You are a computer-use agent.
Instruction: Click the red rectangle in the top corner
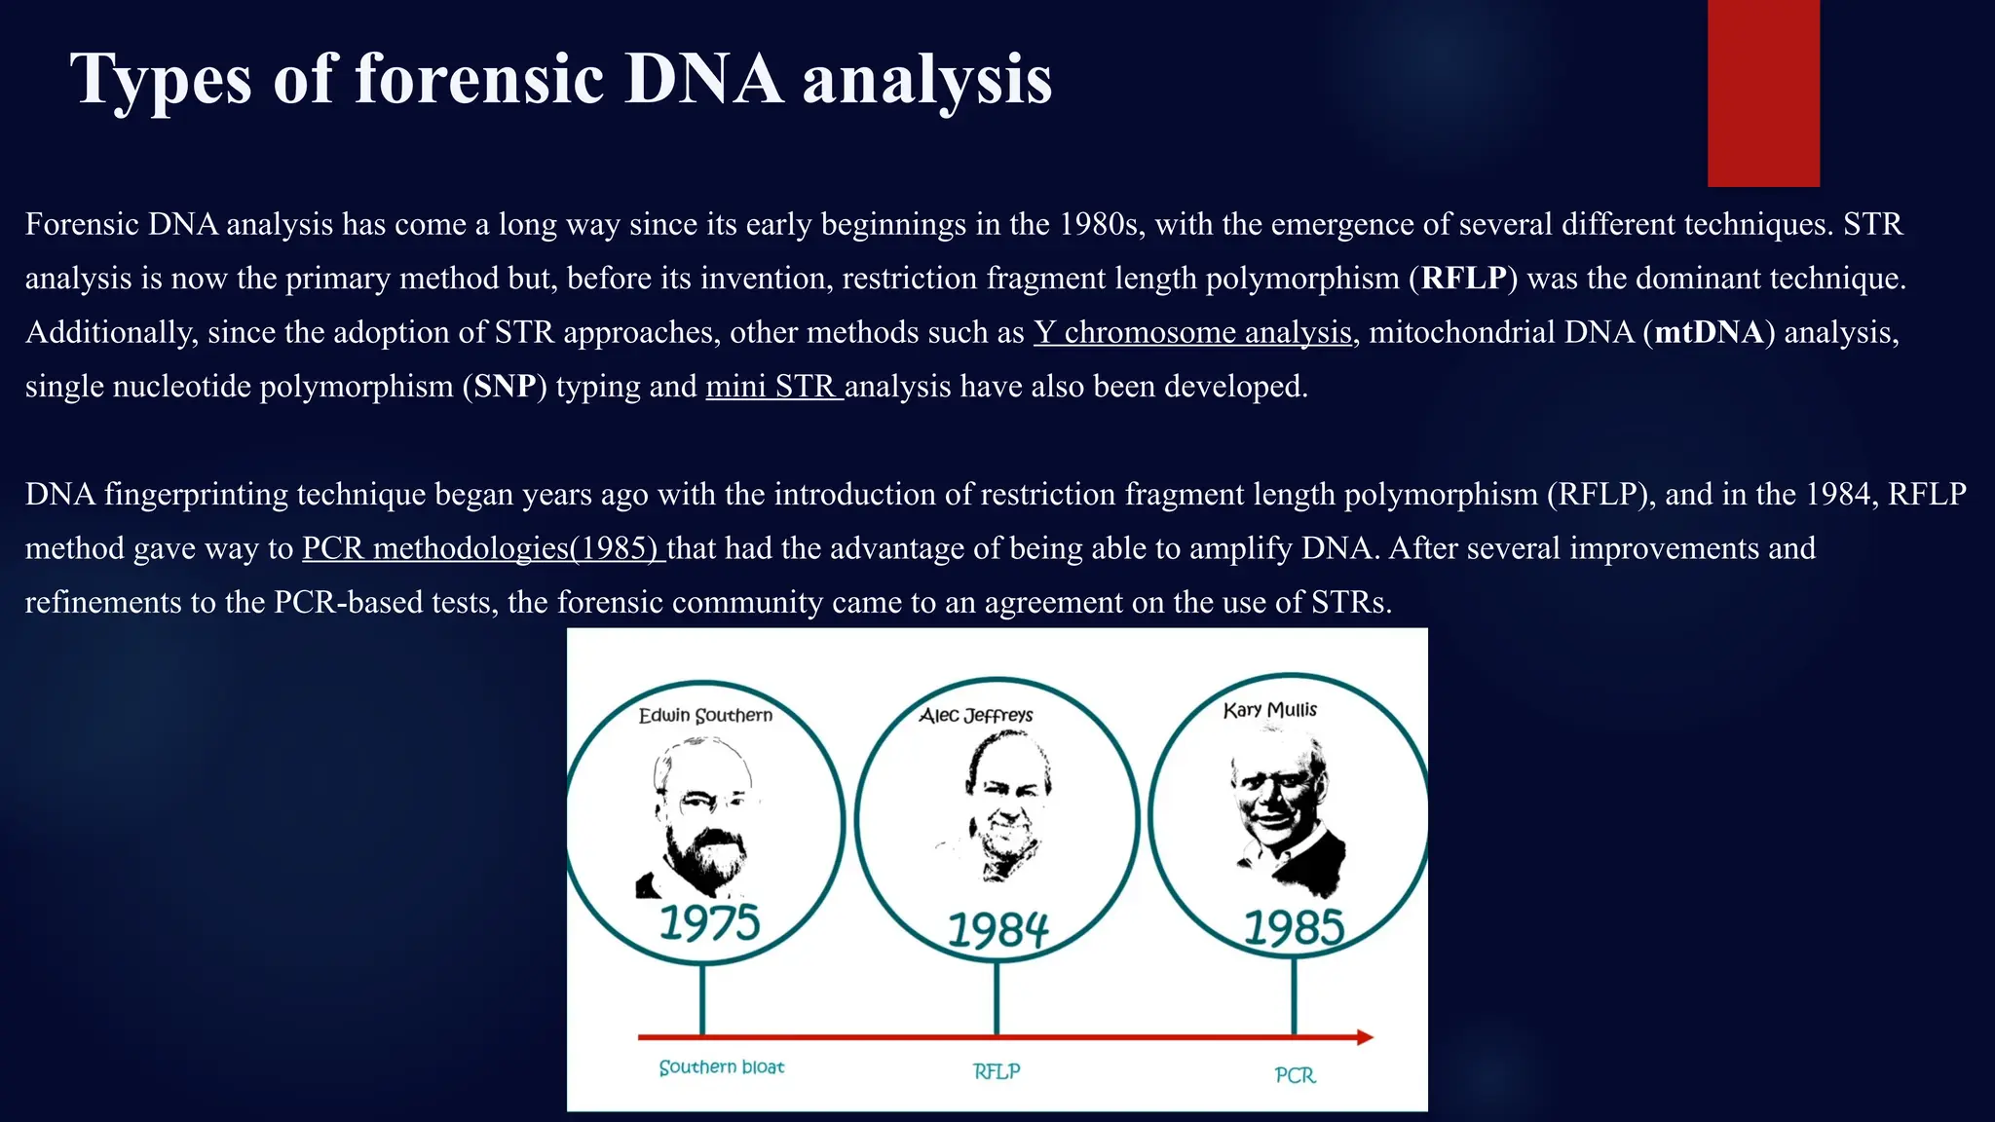(1763, 93)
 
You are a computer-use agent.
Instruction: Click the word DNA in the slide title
(703, 78)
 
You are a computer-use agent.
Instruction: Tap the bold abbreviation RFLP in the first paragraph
(1463, 279)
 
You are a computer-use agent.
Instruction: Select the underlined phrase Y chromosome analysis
(1192, 333)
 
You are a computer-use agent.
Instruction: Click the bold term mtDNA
(1709, 333)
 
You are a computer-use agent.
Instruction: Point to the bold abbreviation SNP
(505, 387)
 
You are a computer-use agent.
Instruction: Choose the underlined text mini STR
(772, 387)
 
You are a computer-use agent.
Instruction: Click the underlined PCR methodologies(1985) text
(482, 548)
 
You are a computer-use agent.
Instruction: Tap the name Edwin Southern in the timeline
(705, 716)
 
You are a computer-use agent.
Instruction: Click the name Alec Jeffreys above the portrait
(976, 716)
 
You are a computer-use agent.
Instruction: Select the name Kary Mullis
(1269, 710)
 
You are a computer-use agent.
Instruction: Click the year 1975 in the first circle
(709, 922)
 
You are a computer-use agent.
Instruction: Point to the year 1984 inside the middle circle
(997, 930)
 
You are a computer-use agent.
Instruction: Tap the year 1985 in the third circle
(1294, 927)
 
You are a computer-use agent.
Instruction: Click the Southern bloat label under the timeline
(721, 1067)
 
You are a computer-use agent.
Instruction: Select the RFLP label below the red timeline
(997, 1071)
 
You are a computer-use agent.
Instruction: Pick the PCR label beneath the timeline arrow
(1295, 1075)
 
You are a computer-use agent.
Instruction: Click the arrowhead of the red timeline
(1365, 1037)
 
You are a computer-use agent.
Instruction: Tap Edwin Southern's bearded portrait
(698, 818)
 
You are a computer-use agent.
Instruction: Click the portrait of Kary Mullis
(1284, 813)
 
